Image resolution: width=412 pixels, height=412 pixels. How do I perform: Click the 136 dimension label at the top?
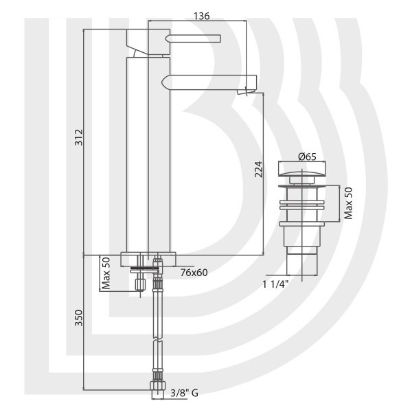[x=202, y=16]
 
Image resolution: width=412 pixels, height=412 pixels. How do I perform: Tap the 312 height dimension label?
[x=79, y=137]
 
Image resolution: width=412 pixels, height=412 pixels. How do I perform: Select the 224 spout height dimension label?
[x=259, y=170]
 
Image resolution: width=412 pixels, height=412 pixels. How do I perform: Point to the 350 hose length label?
[x=79, y=318]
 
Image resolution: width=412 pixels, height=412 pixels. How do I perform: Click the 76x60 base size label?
[x=194, y=273]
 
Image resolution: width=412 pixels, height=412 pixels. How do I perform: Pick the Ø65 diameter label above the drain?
[x=307, y=157]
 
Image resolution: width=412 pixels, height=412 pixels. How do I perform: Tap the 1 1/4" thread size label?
[x=275, y=284]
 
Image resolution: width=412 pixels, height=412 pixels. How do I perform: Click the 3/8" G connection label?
[x=185, y=393]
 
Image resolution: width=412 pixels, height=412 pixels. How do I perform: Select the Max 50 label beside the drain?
[x=348, y=203]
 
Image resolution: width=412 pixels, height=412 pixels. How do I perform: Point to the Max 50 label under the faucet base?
[x=106, y=273]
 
